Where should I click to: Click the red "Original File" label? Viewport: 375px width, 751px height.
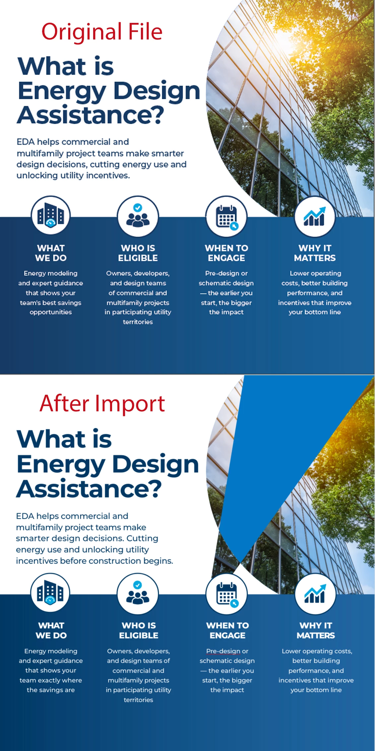(x=102, y=32)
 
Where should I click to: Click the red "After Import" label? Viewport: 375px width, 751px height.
(x=102, y=403)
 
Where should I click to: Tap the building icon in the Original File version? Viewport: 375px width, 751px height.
(x=50, y=215)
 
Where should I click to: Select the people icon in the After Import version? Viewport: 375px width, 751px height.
(x=138, y=594)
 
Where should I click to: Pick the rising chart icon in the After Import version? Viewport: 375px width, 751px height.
(x=315, y=593)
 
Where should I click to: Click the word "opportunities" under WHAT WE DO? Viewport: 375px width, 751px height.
(x=51, y=312)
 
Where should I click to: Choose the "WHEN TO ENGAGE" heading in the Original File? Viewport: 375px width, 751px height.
(x=226, y=253)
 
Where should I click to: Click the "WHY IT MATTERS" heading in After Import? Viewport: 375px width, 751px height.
(x=316, y=630)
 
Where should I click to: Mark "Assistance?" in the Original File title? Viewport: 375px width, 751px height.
(x=91, y=115)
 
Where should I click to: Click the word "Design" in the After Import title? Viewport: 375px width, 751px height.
(x=156, y=464)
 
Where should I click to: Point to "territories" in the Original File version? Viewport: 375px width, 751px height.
(x=138, y=322)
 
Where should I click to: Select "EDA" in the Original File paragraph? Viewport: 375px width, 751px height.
(x=26, y=142)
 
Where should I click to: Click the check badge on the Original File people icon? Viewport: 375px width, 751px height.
(x=138, y=208)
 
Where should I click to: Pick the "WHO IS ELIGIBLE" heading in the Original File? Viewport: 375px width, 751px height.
(x=138, y=253)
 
